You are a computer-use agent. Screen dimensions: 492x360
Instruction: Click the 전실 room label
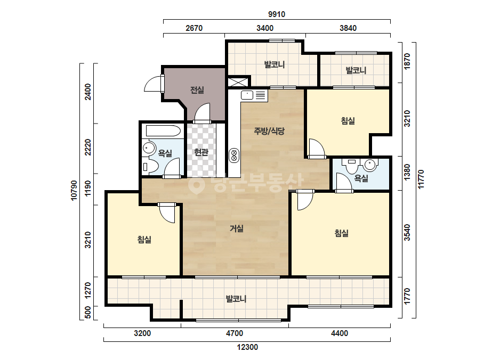coord(197,91)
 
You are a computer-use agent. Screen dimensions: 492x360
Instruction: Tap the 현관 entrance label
coord(201,152)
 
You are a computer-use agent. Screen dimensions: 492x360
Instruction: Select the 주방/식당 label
coord(269,131)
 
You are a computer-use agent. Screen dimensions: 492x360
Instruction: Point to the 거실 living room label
coord(237,228)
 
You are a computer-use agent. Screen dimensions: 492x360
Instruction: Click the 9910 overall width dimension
coord(277,14)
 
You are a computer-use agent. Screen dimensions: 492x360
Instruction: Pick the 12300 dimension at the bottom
coord(247,347)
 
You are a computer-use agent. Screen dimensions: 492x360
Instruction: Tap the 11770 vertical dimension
coord(421,179)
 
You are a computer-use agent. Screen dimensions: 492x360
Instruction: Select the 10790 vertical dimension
coord(74,191)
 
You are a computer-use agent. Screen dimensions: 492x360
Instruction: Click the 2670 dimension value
coord(194,28)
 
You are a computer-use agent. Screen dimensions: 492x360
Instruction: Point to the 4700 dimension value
coord(235,333)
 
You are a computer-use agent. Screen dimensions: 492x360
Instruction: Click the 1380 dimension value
coord(407,172)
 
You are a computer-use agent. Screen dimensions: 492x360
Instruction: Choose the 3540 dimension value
coord(407,232)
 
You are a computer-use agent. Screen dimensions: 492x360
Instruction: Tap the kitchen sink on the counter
coord(247,95)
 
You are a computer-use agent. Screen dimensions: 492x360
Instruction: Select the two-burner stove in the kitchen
coord(234,155)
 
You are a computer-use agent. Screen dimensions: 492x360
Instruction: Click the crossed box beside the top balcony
coord(238,82)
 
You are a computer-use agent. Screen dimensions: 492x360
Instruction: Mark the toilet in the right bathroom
coord(351,166)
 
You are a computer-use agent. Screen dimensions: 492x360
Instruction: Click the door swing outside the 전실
coord(153,84)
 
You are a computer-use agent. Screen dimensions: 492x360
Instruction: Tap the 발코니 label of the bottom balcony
coord(236,299)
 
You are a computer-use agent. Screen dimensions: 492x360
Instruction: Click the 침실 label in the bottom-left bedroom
coord(144,240)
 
